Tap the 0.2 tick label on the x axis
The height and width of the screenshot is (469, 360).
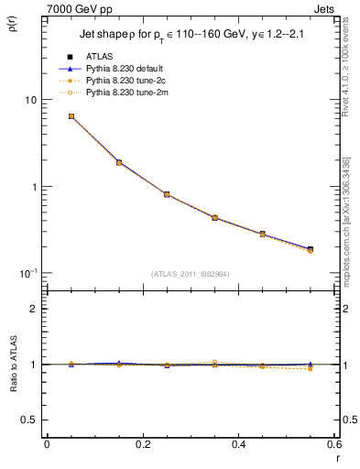[x=143, y=444]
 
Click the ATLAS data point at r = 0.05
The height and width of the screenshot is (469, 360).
[x=71, y=116]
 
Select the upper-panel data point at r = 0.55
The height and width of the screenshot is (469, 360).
[x=310, y=249]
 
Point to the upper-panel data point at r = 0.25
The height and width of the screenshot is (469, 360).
[x=167, y=194]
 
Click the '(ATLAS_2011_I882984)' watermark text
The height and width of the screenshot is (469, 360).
[x=190, y=274]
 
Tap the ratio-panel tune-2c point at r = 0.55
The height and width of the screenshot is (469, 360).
[x=310, y=368]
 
